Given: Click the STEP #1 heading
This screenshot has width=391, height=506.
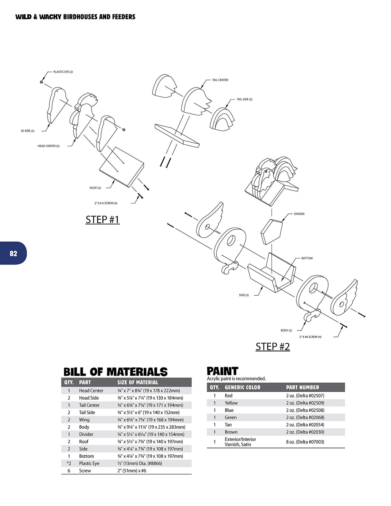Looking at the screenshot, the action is [x=103, y=220].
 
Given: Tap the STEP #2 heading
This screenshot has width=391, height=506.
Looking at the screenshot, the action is [x=273, y=347].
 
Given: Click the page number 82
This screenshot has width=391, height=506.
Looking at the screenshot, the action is [x=13, y=253].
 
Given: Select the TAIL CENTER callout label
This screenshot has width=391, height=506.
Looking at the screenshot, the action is [x=220, y=80].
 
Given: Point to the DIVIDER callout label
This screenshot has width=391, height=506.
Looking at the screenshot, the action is [x=299, y=214].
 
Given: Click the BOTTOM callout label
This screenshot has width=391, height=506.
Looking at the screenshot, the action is [x=307, y=258].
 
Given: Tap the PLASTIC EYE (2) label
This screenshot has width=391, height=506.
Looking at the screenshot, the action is [x=63, y=72].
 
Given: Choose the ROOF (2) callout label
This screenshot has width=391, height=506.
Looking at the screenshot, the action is [x=95, y=188].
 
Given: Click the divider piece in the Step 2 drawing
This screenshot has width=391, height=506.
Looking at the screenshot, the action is [x=272, y=232].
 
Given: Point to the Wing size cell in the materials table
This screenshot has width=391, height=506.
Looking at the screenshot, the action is [x=150, y=420].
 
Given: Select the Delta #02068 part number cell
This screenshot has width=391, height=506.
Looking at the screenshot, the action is [x=305, y=417].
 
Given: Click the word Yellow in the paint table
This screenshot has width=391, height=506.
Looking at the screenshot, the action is [x=231, y=403].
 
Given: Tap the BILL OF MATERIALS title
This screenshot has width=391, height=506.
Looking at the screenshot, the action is [x=115, y=372].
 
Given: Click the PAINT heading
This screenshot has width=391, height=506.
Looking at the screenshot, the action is [x=222, y=371].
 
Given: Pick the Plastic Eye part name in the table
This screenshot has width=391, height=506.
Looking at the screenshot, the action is [x=89, y=463].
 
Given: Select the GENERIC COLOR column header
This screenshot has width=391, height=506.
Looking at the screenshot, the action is [x=242, y=387].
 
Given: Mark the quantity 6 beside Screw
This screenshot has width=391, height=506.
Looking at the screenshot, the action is [x=69, y=471].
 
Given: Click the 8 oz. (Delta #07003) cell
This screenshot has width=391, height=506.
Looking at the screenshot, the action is [x=305, y=442].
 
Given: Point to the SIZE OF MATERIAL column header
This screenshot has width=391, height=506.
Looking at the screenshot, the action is [x=138, y=382].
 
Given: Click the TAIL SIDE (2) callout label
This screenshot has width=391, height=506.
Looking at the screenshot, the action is [x=244, y=99].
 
